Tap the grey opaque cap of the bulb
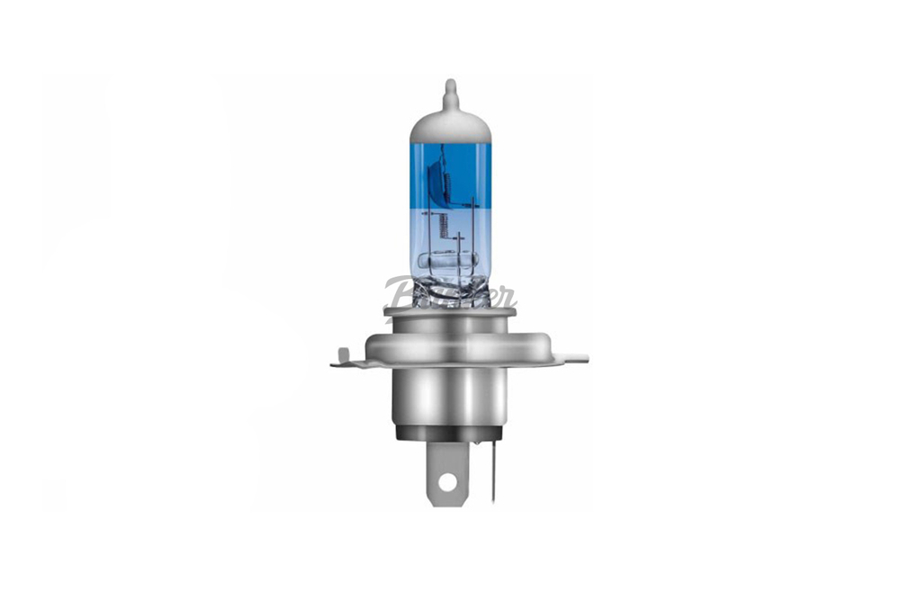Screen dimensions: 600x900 point(451,126)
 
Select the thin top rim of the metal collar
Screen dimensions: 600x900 point(450,311)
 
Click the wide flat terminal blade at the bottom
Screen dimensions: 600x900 point(445,463)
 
